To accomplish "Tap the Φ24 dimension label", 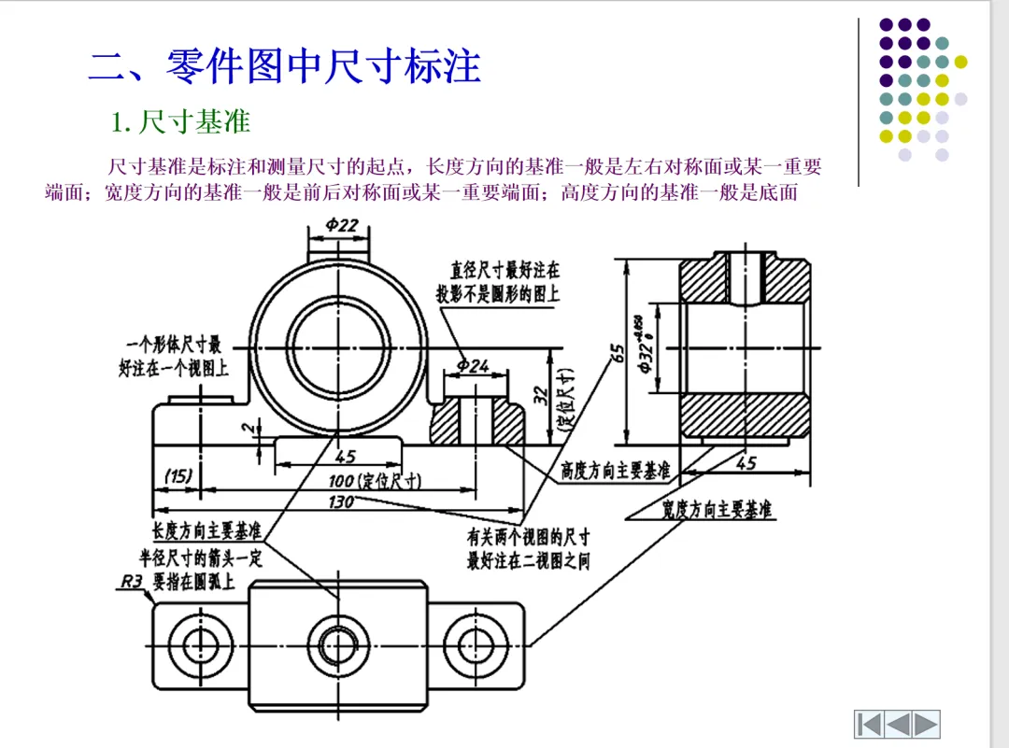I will click(474, 366).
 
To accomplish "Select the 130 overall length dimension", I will click(341, 502).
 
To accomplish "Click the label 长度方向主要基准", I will click(206, 531).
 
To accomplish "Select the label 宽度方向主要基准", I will click(717, 510).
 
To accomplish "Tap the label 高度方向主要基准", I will click(615, 470).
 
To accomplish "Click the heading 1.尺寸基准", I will click(180, 121).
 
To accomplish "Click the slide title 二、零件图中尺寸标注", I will click(285, 66).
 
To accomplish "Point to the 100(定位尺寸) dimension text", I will click(375, 481).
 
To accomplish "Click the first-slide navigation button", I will click(868, 723).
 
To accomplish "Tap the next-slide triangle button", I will click(926, 723).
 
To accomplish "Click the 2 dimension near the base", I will click(247, 428).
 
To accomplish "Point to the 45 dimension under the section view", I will click(746, 463).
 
